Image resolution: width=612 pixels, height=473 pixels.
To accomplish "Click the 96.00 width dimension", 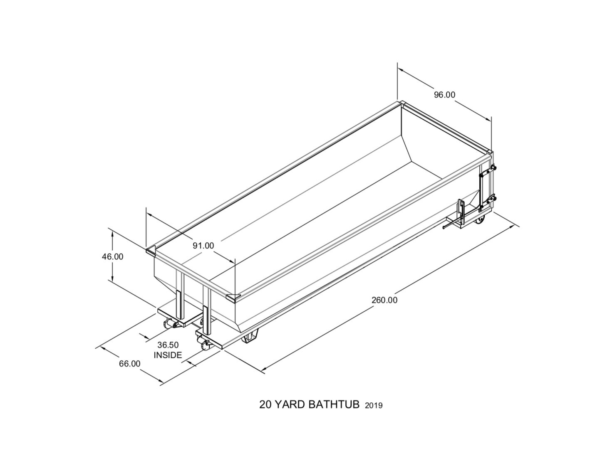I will pyautogui.click(x=444, y=95).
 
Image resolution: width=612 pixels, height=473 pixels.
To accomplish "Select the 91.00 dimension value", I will pyautogui.click(x=203, y=246).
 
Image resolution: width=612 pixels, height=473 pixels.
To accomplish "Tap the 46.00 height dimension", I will pyautogui.click(x=112, y=256).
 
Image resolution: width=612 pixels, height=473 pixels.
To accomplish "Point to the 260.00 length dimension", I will pyautogui.click(x=384, y=300).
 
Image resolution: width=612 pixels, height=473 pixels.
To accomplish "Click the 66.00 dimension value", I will pyautogui.click(x=130, y=364).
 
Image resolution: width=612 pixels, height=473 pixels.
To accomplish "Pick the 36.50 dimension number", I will pyautogui.click(x=168, y=345).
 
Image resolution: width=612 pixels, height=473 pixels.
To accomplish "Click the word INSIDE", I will pyautogui.click(x=168, y=355).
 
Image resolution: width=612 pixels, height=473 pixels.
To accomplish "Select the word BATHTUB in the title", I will pyautogui.click(x=334, y=404).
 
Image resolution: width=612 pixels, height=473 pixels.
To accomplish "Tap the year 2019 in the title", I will pyautogui.click(x=374, y=406).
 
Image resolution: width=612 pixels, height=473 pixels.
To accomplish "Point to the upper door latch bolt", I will pyautogui.click(x=493, y=168).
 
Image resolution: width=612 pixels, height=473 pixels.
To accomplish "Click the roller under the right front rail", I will pyautogui.click(x=204, y=344).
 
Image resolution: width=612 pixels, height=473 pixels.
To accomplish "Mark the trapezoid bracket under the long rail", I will pyautogui.click(x=250, y=337).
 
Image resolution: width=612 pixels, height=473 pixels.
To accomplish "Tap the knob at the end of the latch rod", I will pyautogui.click(x=444, y=227).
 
